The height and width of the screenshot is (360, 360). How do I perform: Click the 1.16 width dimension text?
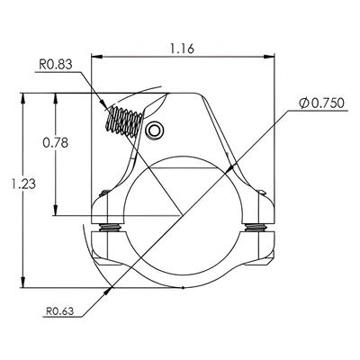183,49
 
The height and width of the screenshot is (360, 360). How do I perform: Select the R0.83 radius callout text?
56,65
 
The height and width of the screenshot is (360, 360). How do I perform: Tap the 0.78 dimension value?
56,143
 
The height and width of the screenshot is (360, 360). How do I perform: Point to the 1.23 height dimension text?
22,184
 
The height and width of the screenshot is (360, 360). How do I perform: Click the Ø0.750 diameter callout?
321,103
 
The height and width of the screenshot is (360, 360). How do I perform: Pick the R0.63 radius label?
59,311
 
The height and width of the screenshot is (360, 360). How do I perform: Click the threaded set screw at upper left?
124,121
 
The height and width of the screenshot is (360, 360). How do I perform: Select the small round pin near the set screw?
155,130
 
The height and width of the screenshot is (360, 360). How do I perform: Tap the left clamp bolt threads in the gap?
110,228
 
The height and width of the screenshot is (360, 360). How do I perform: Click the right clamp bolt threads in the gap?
256,228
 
